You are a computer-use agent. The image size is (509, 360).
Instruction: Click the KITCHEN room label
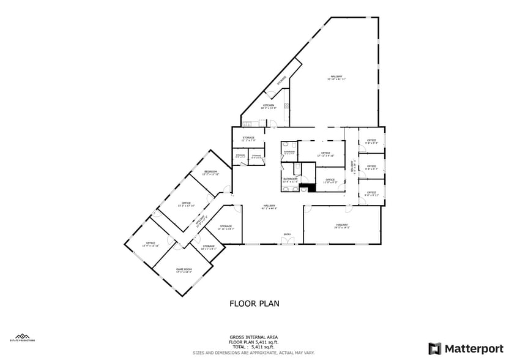269,105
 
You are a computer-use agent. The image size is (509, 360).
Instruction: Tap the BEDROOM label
211,172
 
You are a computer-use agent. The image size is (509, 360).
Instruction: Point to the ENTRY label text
287,234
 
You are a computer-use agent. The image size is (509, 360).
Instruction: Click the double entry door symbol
287,241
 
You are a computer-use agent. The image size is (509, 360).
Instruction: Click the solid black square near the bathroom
311,188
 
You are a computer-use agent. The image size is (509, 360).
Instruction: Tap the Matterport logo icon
435,348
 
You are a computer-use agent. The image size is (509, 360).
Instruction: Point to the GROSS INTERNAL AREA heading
254,337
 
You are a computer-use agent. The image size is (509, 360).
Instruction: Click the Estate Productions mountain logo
23,336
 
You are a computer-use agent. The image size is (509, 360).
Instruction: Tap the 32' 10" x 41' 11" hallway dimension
336,79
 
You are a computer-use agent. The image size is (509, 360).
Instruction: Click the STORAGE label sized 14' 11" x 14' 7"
226,227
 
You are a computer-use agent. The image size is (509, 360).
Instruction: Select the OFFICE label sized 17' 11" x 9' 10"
325,153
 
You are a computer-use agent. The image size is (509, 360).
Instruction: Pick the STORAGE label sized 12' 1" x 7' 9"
248,138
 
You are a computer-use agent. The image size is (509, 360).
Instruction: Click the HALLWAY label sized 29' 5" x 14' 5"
341,225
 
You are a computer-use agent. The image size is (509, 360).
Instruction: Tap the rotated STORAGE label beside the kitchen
282,81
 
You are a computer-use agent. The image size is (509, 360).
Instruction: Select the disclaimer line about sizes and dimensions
254,353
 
